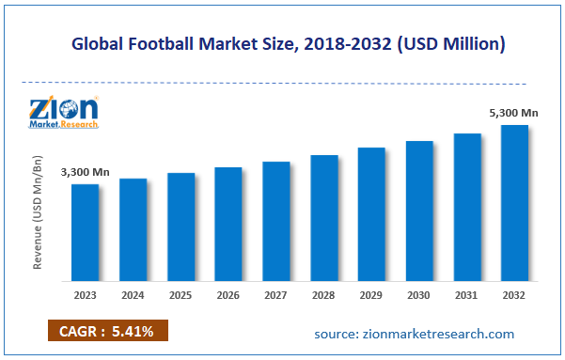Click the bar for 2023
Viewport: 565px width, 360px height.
(x=85, y=232)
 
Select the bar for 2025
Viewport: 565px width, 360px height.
(x=180, y=227)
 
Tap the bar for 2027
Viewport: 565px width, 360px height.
(x=275, y=221)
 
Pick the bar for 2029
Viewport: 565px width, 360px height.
(x=371, y=214)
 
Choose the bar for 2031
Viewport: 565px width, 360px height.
(x=467, y=207)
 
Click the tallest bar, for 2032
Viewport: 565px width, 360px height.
(x=514, y=203)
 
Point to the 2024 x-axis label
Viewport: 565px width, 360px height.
(x=133, y=293)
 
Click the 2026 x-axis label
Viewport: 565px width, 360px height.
(x=228, y=293)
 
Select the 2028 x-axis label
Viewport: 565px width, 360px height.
(x=323, y=293)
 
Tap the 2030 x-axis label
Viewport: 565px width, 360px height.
(x=419, y=293)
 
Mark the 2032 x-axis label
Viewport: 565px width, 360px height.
(x=514, y=293)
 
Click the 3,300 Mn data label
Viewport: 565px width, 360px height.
(x=82, y=173)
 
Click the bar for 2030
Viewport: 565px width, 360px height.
(x=419, y=211)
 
